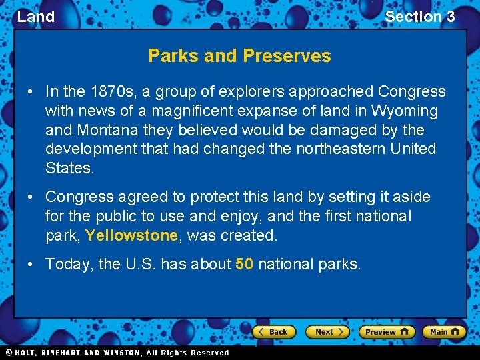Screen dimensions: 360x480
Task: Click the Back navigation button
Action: point(273,332)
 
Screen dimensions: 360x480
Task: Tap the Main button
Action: point(444,332)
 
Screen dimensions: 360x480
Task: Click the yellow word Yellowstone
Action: point(132,235)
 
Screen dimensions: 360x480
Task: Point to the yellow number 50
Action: point(244,264)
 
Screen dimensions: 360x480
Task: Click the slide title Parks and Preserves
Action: point(239,55)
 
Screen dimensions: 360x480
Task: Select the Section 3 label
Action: point(419,17)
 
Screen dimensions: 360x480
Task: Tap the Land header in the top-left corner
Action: point(35,17)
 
